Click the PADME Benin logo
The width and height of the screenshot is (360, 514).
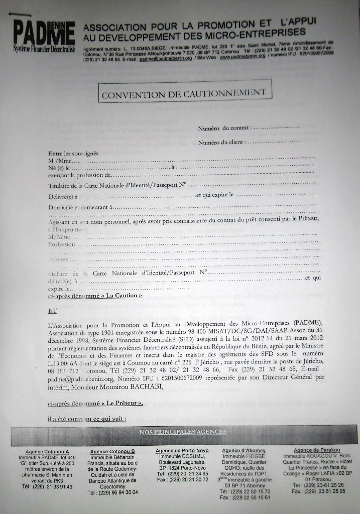click(44, 36)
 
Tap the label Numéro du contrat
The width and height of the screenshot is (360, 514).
click(222, 128)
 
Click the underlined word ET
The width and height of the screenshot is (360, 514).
click(52, 311)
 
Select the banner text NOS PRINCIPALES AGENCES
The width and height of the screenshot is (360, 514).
click(183, 432)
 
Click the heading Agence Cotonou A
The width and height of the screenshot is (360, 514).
click(47, 452)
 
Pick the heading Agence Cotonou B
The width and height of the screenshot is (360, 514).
click(112, 452)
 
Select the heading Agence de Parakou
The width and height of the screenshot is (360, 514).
click(316, 450)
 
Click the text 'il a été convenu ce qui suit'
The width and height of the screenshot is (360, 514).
click(87, 419)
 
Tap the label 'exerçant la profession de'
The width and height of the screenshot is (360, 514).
click(79, 176)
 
